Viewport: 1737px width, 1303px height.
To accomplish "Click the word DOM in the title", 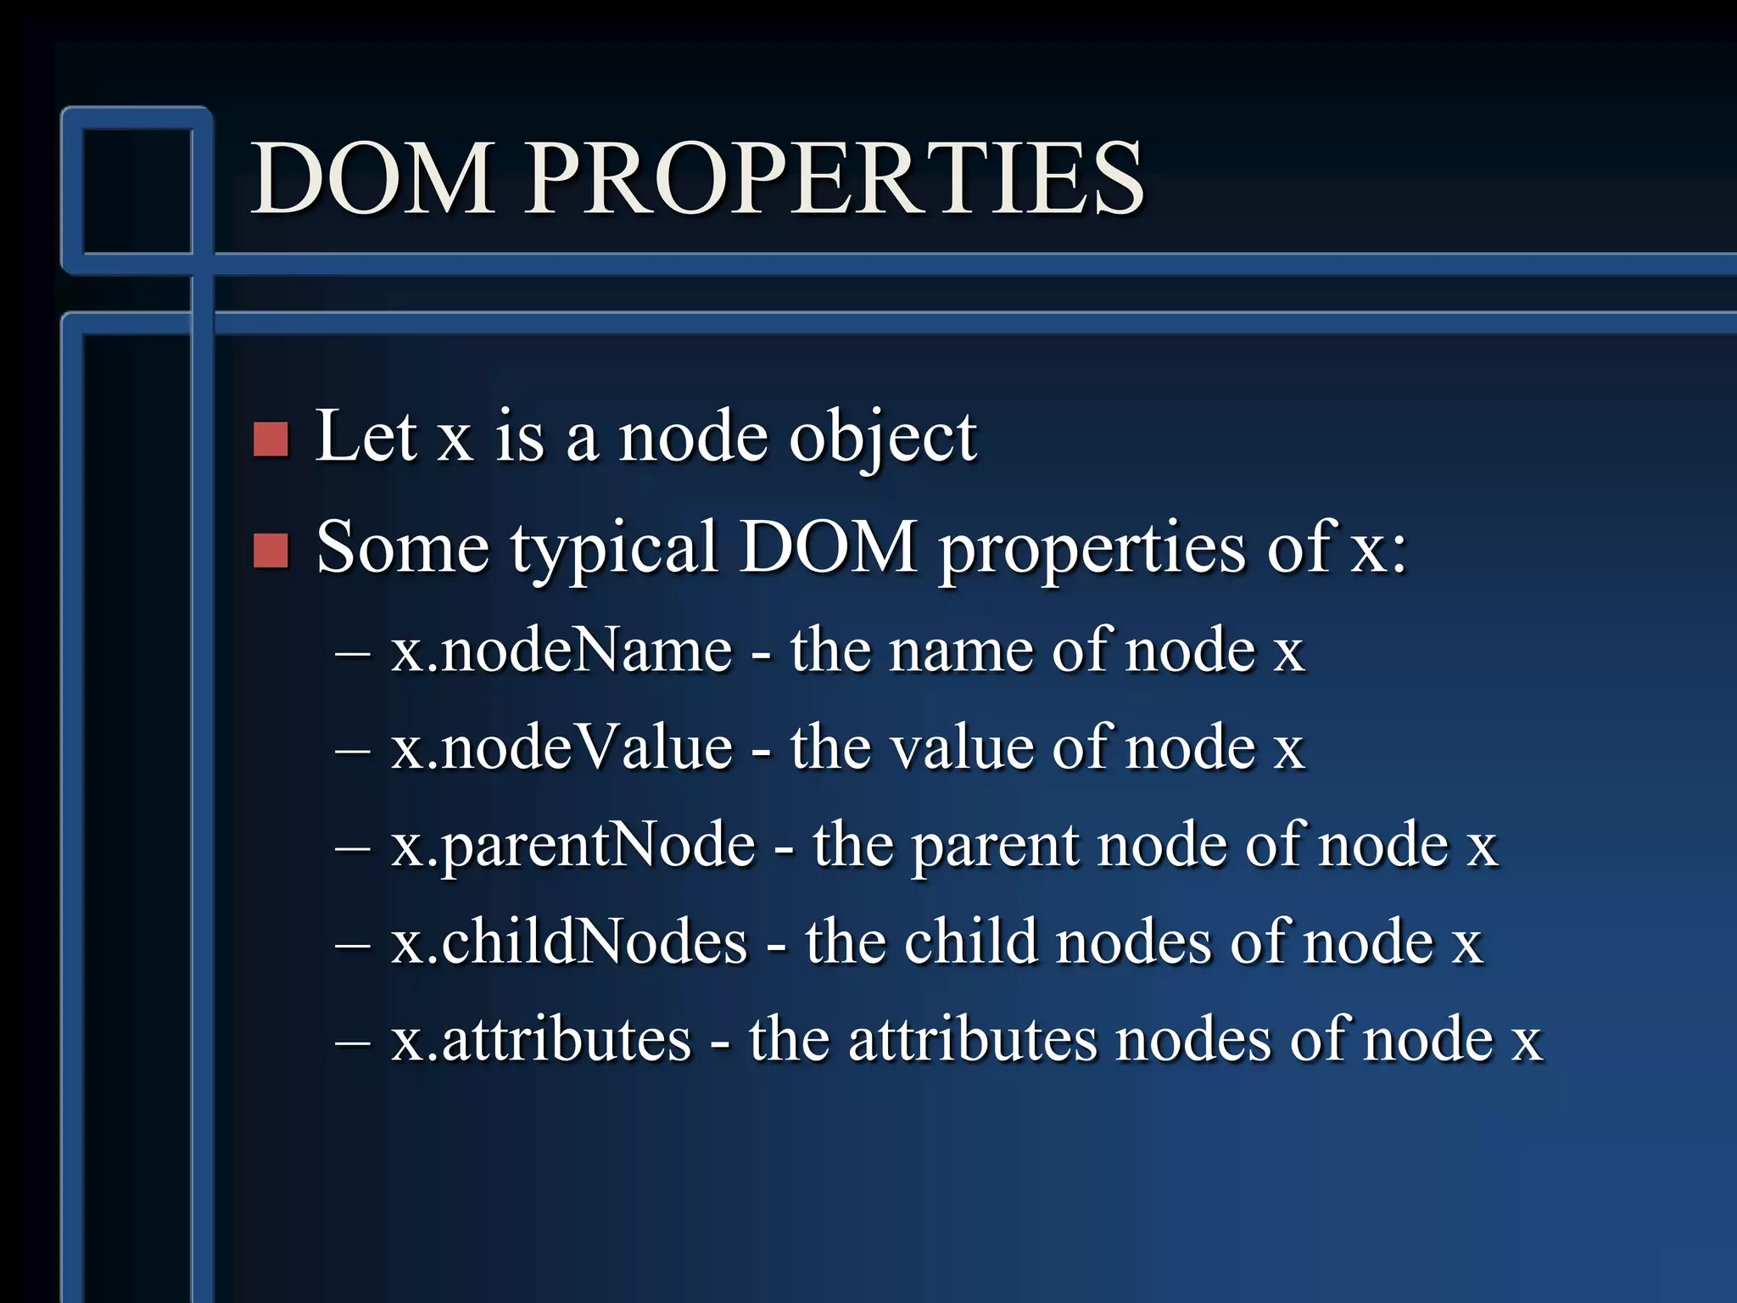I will tap(372, 178).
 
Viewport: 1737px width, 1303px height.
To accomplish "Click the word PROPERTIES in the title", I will tap(834, 178).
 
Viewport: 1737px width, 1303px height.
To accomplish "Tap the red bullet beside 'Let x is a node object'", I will tap(271, 439).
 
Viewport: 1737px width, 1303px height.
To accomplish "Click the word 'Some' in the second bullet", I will tap(402, 547).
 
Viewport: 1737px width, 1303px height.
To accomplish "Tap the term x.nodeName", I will tap(561, 651).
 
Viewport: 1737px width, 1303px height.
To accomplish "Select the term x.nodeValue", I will tap(561, 747).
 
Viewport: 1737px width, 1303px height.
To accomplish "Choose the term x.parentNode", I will tap(572, 846).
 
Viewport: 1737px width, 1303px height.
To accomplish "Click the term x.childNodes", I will tap(569, 942).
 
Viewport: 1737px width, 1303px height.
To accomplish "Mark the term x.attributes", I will tap(541, 1039).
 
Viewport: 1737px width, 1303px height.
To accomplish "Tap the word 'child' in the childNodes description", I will tap(970, 942).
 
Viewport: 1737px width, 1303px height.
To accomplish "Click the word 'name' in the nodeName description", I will tap(962, 652).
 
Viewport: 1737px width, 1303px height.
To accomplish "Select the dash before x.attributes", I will tap(353, 1041).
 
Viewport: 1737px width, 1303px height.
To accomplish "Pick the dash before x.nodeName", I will tap(353, 652).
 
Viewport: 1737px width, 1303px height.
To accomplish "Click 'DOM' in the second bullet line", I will tap(828, 547).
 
